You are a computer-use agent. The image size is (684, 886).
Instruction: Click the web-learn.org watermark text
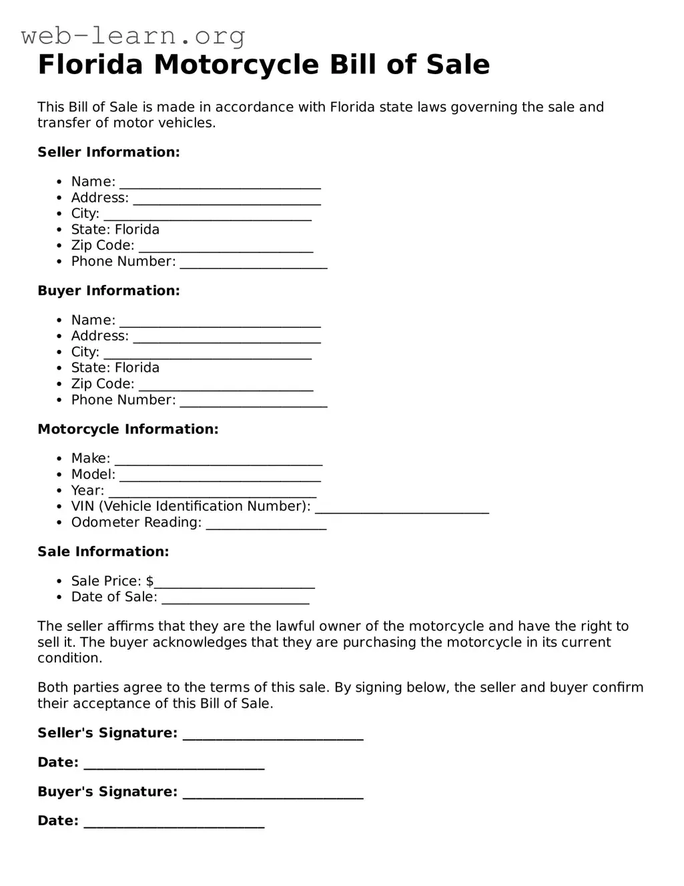click(x=133, y=35)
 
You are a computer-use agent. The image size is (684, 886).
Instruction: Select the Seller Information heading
click(x=109, y=152)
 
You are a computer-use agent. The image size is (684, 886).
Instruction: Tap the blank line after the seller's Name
click(x=220, y=183)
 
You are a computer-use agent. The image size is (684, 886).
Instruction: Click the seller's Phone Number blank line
click(x=254, y=263)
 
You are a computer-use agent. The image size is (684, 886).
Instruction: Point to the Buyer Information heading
click(x=109, y=290)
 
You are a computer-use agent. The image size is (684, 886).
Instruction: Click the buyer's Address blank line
click(x=227, y=337)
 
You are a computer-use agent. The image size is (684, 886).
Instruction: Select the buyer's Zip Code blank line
click(x=226, y=385)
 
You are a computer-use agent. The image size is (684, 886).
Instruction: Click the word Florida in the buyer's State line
click(x=137, y=368)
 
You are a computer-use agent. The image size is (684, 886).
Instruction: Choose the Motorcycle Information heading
click(x=128, y=429)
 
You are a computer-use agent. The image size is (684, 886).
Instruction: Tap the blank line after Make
click(x=218, y=459)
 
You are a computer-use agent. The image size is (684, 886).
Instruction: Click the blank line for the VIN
click(x=402, y=507)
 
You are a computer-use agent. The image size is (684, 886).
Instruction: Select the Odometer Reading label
click(x=136, y=523)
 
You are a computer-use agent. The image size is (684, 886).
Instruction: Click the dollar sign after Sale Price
click(x=149, y=581)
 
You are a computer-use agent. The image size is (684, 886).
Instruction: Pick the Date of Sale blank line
click(x=236, y=598)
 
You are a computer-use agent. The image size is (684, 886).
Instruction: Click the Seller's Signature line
click(x=272, y=734)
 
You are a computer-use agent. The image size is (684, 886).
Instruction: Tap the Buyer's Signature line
click(x=272, y=793)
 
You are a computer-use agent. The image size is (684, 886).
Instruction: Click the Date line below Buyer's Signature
click(x=174, y=823)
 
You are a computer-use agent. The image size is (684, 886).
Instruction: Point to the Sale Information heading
click(x=103, y=551)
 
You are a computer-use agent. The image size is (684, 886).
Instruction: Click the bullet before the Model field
click(x=59, y=475)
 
